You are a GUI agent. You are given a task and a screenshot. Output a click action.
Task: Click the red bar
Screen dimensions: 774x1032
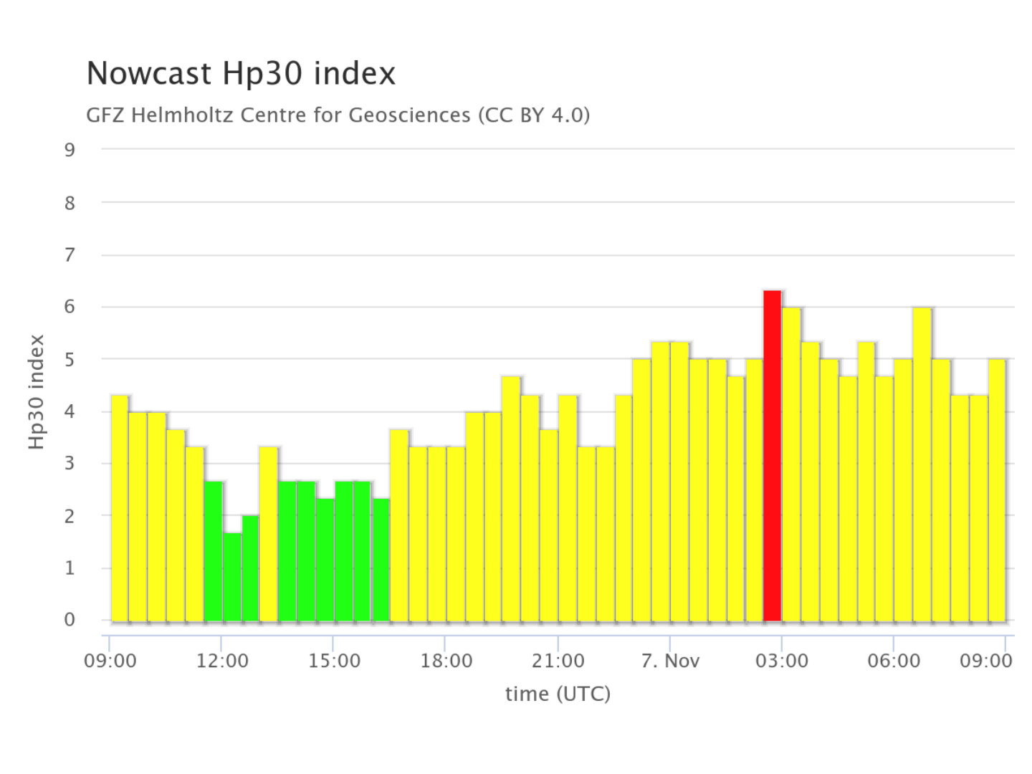772,456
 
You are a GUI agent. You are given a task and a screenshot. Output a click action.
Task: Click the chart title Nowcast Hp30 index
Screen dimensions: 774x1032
241,74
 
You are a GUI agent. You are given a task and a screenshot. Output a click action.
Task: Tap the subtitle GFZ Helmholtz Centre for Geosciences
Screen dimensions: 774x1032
338,115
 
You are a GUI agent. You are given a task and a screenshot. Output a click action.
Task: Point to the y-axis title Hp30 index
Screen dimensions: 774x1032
37,392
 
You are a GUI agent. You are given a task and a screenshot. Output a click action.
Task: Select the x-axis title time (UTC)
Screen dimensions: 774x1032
558,694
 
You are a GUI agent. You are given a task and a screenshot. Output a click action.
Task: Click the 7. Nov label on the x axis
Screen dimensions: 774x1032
670,661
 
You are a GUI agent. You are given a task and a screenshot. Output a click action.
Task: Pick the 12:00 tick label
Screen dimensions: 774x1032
222,661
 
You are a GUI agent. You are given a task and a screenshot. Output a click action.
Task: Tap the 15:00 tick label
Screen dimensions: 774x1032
334,661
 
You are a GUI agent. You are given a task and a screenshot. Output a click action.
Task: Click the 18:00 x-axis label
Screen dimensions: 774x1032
446,661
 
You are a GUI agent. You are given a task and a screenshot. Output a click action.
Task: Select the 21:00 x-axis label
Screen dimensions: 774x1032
558,661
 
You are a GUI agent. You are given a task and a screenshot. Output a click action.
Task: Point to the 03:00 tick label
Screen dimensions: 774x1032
781,661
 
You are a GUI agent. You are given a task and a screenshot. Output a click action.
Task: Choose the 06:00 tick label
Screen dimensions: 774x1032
893,661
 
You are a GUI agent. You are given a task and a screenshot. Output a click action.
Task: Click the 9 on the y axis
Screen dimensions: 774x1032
70,150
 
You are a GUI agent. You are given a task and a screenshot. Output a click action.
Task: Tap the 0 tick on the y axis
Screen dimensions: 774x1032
70,620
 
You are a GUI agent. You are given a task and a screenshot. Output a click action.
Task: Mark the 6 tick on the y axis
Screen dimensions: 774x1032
70,307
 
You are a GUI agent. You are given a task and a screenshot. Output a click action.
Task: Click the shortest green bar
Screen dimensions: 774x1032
232,577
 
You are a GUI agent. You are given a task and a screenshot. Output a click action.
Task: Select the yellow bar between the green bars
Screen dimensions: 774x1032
269,534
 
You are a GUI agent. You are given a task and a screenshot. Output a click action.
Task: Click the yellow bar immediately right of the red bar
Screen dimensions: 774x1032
791,464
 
